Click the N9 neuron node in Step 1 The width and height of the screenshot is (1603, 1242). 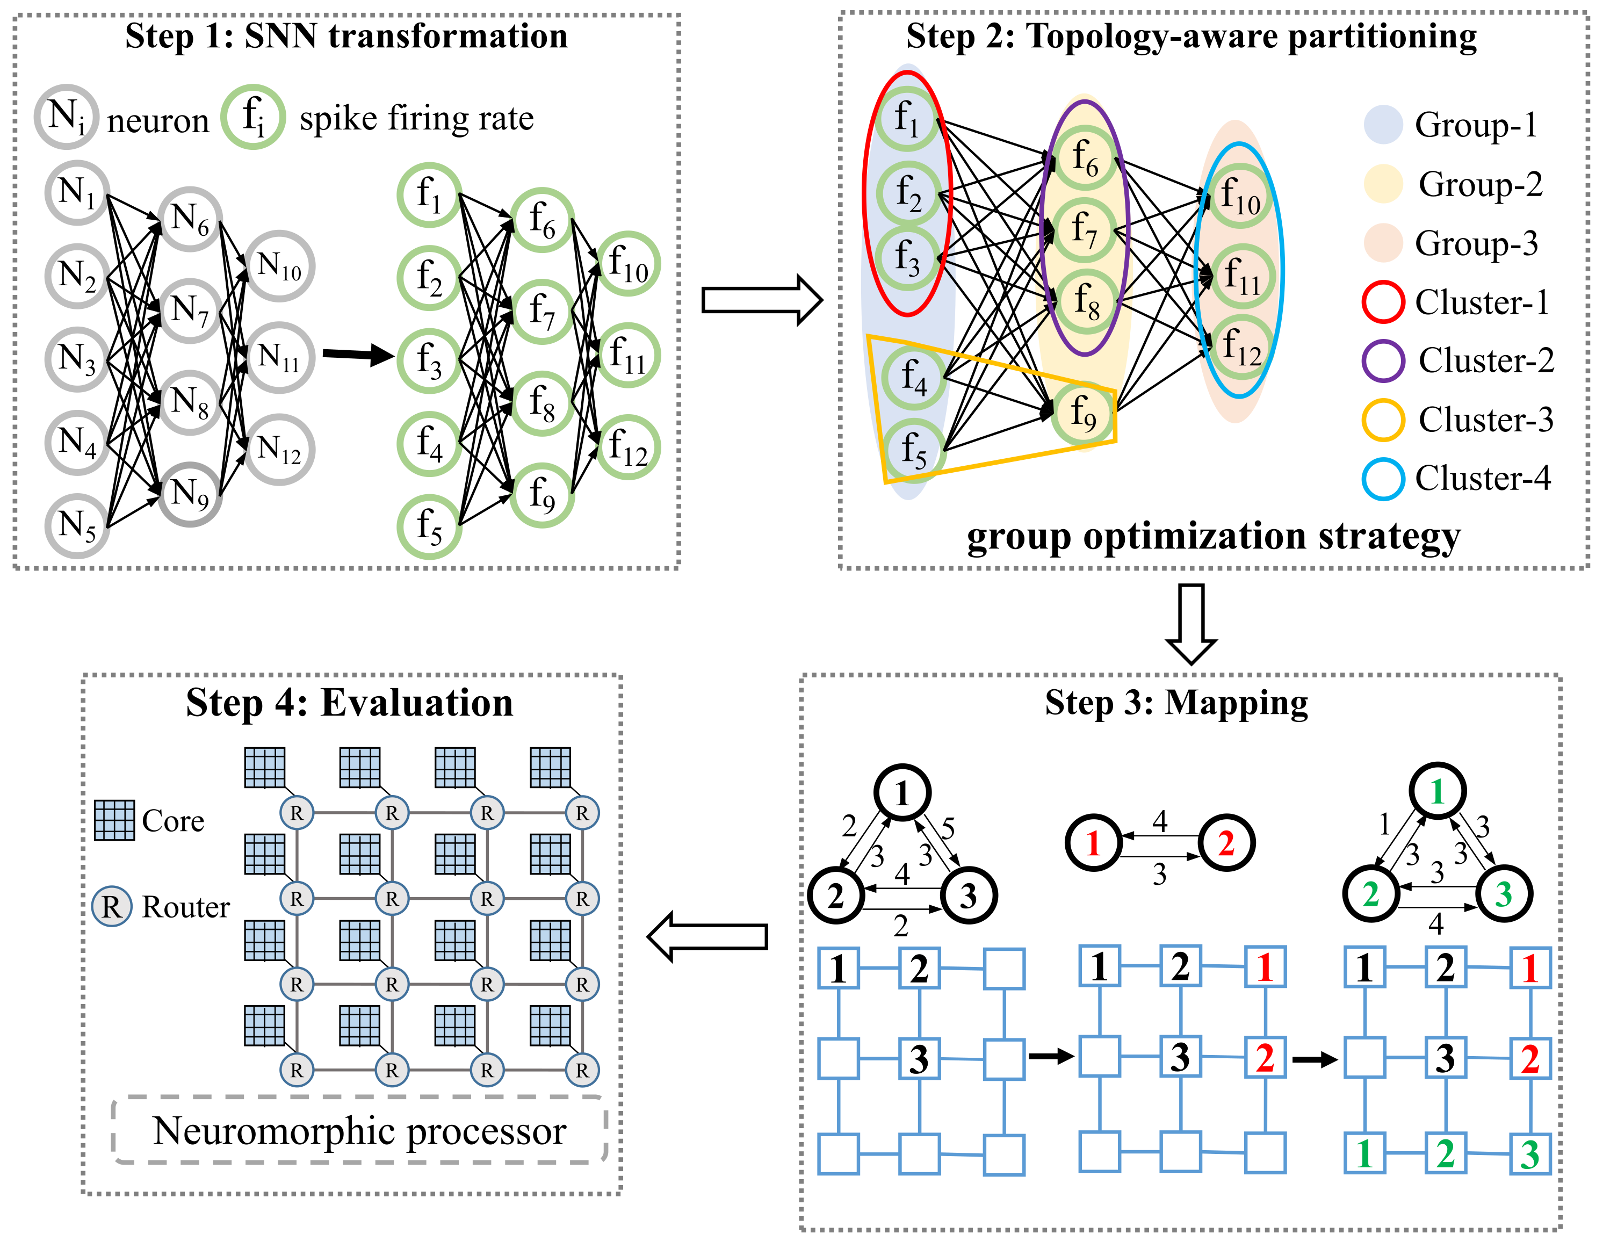coord(190,495)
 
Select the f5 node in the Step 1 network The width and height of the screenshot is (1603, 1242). coord(429,527)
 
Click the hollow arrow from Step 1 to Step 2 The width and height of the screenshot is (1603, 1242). coord(761,300)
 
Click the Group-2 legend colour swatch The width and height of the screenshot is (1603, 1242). coord(1383,184)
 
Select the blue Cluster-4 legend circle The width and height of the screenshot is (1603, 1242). coord(1383,479)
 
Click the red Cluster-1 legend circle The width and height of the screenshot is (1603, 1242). coord(1383,302)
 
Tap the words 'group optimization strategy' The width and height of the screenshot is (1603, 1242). coord(1212,537)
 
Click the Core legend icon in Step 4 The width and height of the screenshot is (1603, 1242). coord(114,820)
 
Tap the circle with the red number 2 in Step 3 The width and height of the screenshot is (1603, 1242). coord(1226,843)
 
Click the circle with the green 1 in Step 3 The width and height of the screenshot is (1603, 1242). coord(1437,791)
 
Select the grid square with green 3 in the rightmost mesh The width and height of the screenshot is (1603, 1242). coord(1529,1154)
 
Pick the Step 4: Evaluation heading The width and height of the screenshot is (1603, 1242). coord(349,703)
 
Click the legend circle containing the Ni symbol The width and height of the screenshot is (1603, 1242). coord(66,117)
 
